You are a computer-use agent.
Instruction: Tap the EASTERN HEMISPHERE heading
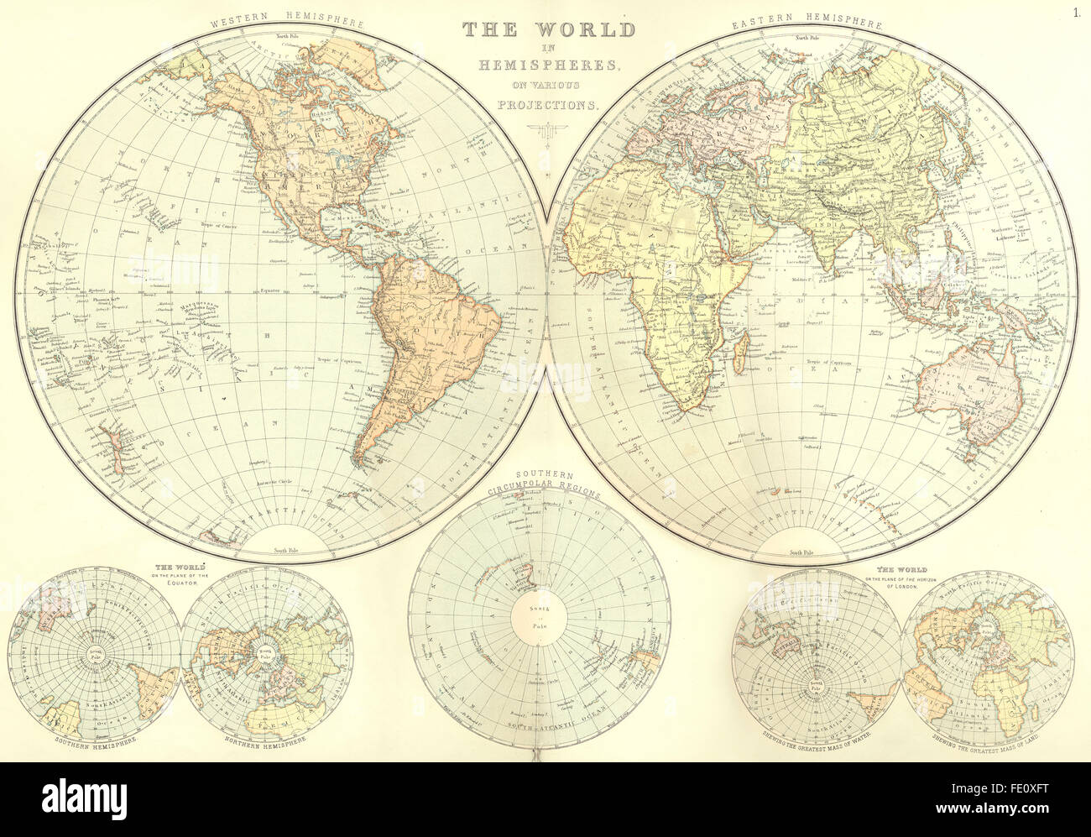pyautogui.click(x=806, y=23)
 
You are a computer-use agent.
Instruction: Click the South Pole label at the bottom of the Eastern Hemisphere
pyautogui.click(x=801, y=552)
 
